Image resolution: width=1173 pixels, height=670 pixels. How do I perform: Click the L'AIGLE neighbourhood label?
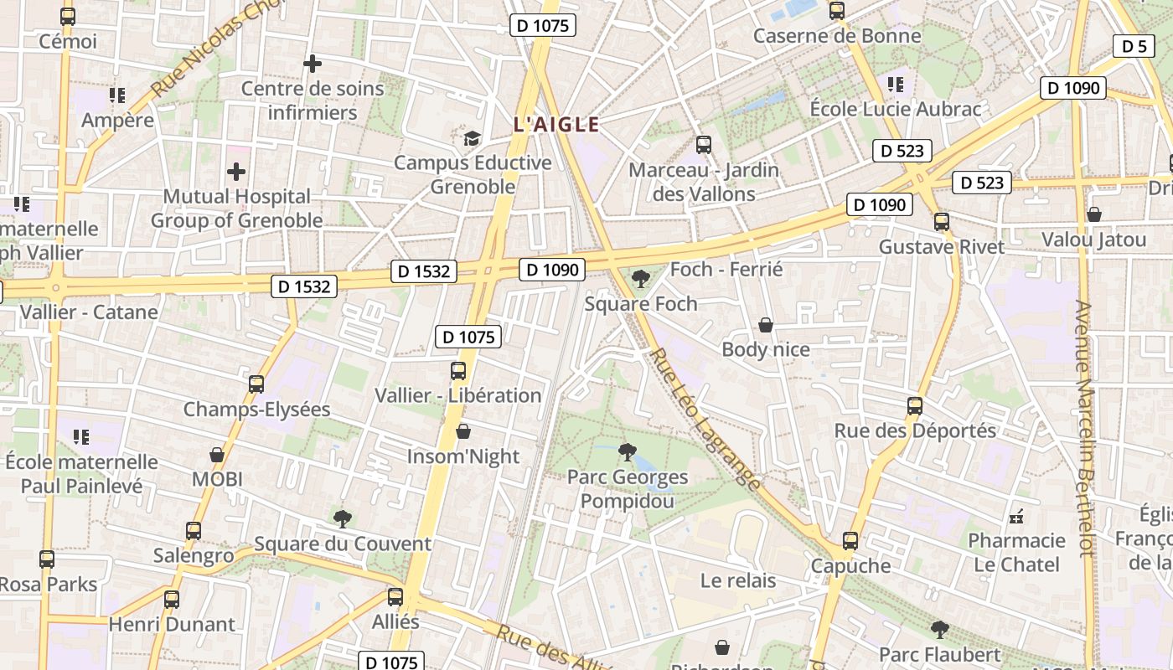pos(556,125)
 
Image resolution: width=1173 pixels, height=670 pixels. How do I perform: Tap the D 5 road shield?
pos(1134,46)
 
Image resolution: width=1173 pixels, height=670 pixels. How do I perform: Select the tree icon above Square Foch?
pos(641,278)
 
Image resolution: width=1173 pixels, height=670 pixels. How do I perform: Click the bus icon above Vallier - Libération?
pos(458,370)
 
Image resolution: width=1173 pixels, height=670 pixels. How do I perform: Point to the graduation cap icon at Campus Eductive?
pos(473,137)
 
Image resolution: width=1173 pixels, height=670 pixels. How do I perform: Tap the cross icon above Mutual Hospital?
pos(236,172)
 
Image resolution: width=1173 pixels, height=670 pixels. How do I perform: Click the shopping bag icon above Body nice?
pos(765,325)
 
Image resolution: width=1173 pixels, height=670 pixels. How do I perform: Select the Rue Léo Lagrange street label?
pos(705,419)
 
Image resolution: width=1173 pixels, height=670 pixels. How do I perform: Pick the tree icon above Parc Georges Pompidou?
pos(627,452)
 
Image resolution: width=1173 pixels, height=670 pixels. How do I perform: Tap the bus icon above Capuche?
pos(850,541)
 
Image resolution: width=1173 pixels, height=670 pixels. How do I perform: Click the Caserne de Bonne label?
pos(836,36)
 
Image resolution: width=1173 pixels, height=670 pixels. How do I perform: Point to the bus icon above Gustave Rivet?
pos(942,222)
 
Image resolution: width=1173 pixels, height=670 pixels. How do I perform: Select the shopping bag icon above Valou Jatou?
pos(1093,214)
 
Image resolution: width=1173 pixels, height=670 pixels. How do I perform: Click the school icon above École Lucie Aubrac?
pos(896,85)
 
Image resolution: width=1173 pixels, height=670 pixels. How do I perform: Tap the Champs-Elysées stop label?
pos(256,410)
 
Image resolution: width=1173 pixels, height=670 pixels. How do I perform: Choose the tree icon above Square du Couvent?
pos(342,518)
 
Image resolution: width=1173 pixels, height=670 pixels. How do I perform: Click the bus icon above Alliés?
pos(395,597)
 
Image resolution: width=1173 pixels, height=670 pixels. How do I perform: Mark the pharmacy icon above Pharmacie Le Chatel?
pos(1016,515)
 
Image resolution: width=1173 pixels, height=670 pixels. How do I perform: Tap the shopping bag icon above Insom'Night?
pos(463,431)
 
